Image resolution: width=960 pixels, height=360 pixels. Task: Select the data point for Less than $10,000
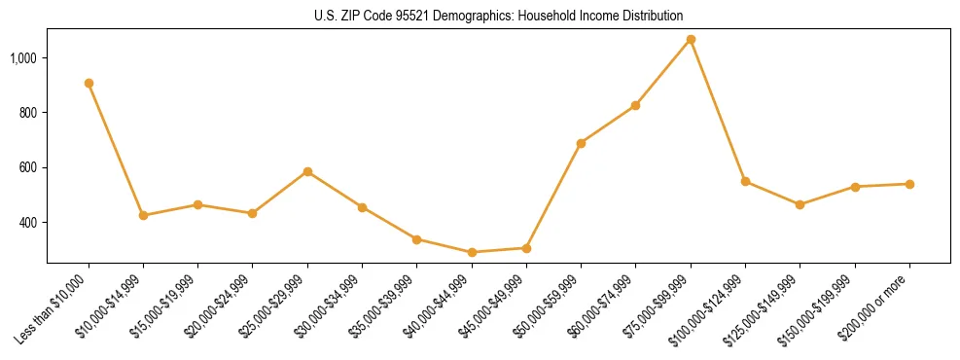(89, 83)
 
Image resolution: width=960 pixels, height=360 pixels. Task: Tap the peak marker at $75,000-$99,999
(691, 40)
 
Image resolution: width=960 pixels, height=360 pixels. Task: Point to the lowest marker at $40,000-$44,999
(472, 252)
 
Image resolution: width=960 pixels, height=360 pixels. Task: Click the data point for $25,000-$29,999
(307, 171)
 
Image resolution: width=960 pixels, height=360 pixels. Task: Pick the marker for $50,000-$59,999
(581, 143)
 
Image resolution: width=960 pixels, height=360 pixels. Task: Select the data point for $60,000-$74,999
(635, 105)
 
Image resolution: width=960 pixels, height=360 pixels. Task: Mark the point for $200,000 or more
(909, 184)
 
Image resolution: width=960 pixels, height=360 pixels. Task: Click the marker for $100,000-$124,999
(745, 181)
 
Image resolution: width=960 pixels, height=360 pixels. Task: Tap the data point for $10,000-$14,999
(143, 215)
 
